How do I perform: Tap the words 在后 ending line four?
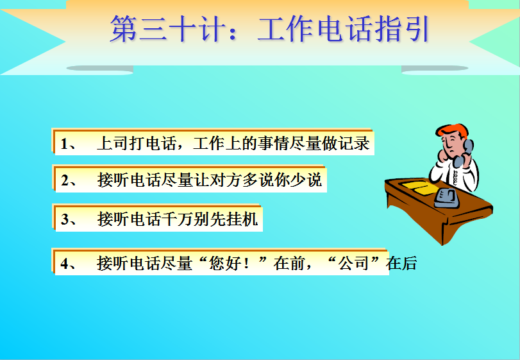tap(401, 264)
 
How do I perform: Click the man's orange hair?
tap(453, 130)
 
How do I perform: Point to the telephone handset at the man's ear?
tap(464, 153)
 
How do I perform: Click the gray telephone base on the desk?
tap(447, 198)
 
